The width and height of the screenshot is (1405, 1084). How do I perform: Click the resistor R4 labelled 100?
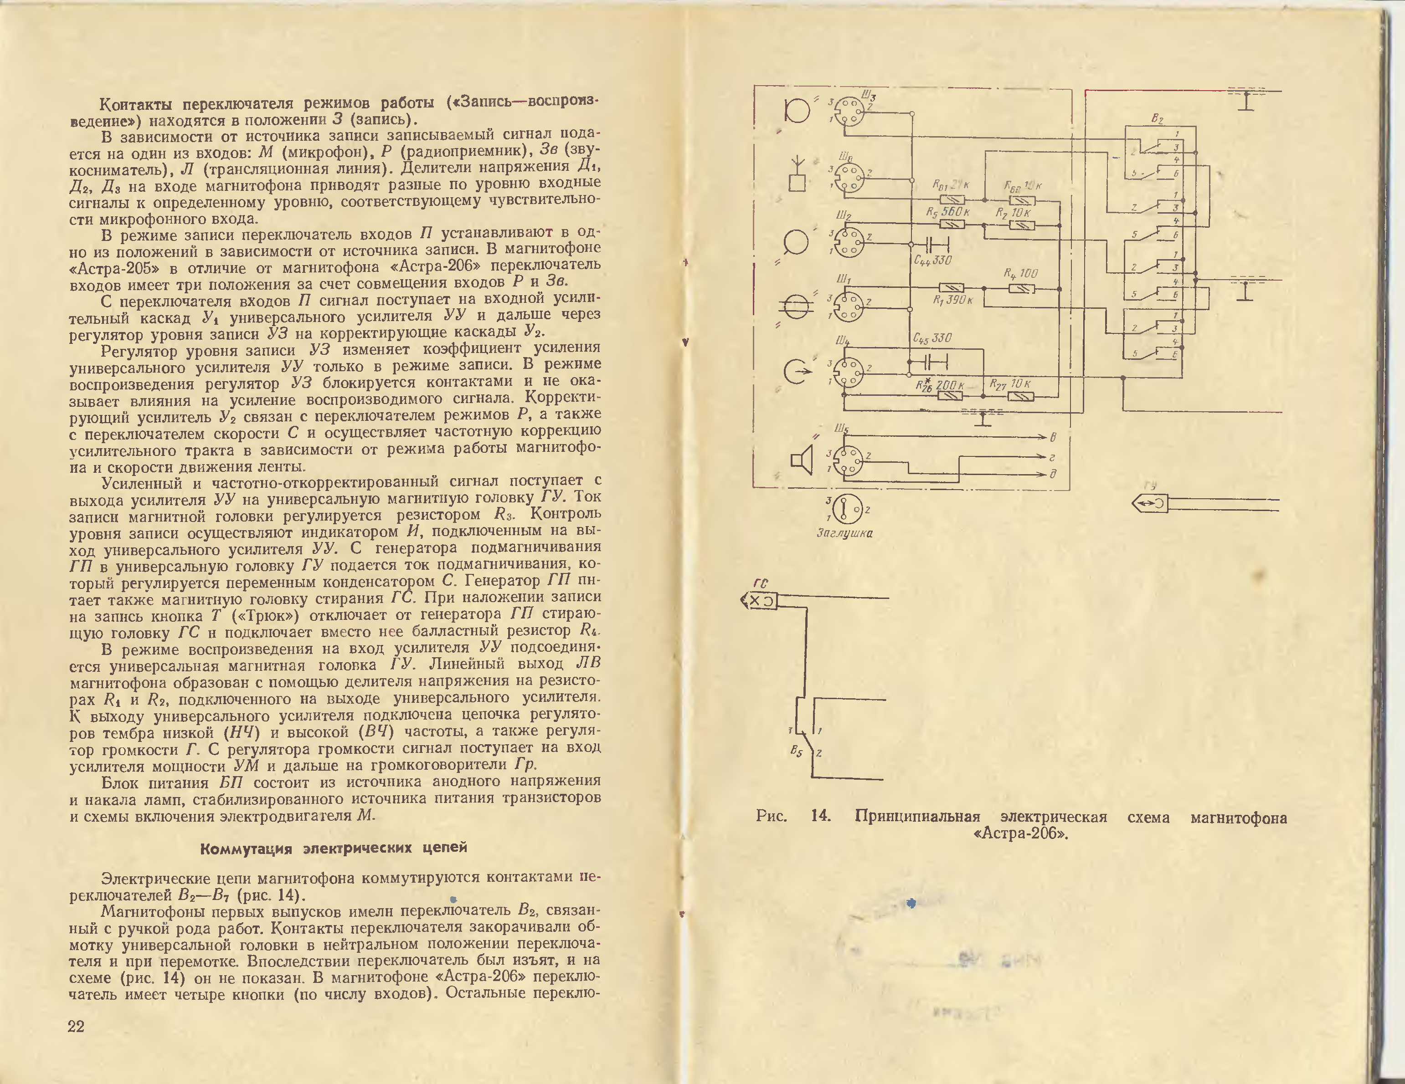point(1022,289)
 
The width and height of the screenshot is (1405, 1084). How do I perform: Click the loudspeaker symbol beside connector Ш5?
point(802,460)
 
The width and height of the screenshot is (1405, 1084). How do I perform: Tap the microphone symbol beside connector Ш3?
point(797,111)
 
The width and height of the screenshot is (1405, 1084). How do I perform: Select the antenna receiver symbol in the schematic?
point(797,174)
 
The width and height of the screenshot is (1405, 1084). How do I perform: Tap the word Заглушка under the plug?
point(844,533)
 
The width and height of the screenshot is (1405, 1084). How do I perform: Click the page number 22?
point(76,1026)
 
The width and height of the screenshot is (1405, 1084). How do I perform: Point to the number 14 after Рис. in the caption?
point(820,817)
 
